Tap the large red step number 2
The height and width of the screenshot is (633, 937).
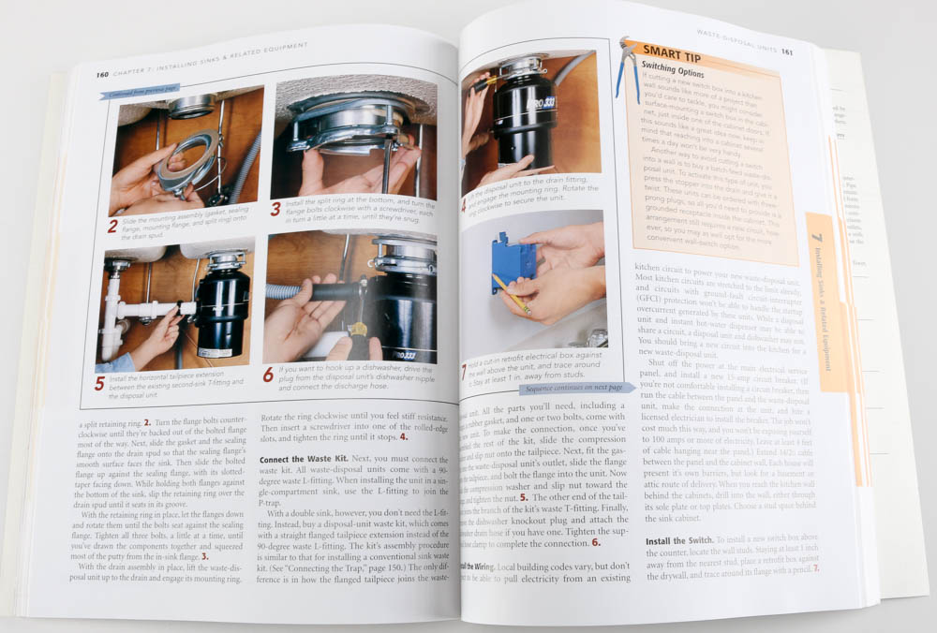(112, 226)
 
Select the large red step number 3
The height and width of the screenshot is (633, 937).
(275, 210)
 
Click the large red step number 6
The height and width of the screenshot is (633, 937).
(268, 375)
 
